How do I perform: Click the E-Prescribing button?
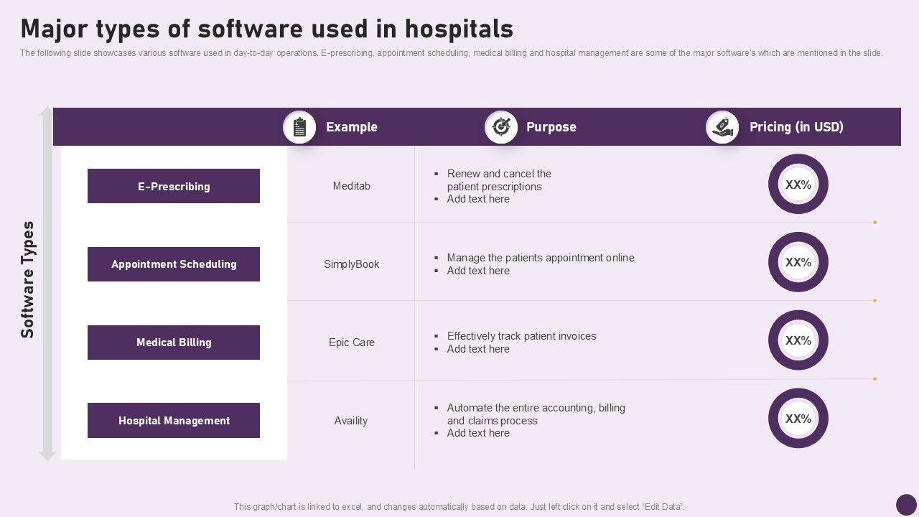[x=174, y=186]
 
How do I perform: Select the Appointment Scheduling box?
[x=174, y=264]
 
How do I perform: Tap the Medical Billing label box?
[x=174, y=343]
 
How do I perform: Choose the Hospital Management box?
[x=174, y=421]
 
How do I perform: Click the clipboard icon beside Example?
[x=299, y=127]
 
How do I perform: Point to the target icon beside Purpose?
[x=501, y=127]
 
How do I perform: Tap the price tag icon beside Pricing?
[x=722, y=127]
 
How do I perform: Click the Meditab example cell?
[x=352, y=186]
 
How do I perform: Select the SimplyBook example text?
[x=352, y=264]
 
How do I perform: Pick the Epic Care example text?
[x=352, y=343]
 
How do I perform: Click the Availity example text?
[x=351, y=421]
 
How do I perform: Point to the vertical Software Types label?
[x=27, y=280]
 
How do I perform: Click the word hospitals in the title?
[x=459, y=29]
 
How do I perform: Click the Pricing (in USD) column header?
[x=796, y=127]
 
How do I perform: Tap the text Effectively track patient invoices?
[x=521, y=336]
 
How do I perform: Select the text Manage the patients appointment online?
[x=541, y=258]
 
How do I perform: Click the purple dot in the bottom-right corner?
[x=906, y=505]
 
